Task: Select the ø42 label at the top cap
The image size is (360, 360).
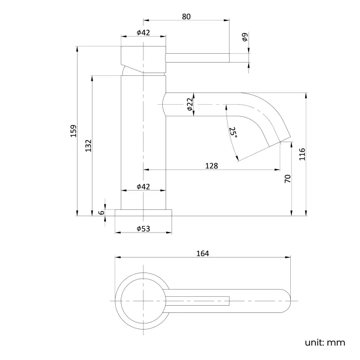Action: (x=143, y=33)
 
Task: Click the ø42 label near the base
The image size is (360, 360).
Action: (x=143, y=187)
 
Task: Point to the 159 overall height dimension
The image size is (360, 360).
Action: (x=73, y=131)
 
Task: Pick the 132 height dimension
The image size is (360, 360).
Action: (x=88, y=145)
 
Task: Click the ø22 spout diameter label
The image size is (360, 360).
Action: (x=189, y=104)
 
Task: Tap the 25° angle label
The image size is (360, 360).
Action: (x=233, y=133)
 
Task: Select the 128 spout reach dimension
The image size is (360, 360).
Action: (x=211, y=166)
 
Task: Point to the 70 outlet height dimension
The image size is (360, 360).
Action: (x=287, y=178)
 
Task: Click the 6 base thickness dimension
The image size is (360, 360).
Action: (x=101, y=212)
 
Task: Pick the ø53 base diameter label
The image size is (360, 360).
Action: (x=143, y=229)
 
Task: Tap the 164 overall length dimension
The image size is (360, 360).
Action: (x=202, y=253)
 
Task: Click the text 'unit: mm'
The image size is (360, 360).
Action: (x=325, y=342)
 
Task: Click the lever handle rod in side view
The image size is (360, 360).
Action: (x=198, y=57)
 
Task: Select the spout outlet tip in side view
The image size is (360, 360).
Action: (x=279, y=141)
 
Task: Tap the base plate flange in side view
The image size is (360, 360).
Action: (x=143, y=213)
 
